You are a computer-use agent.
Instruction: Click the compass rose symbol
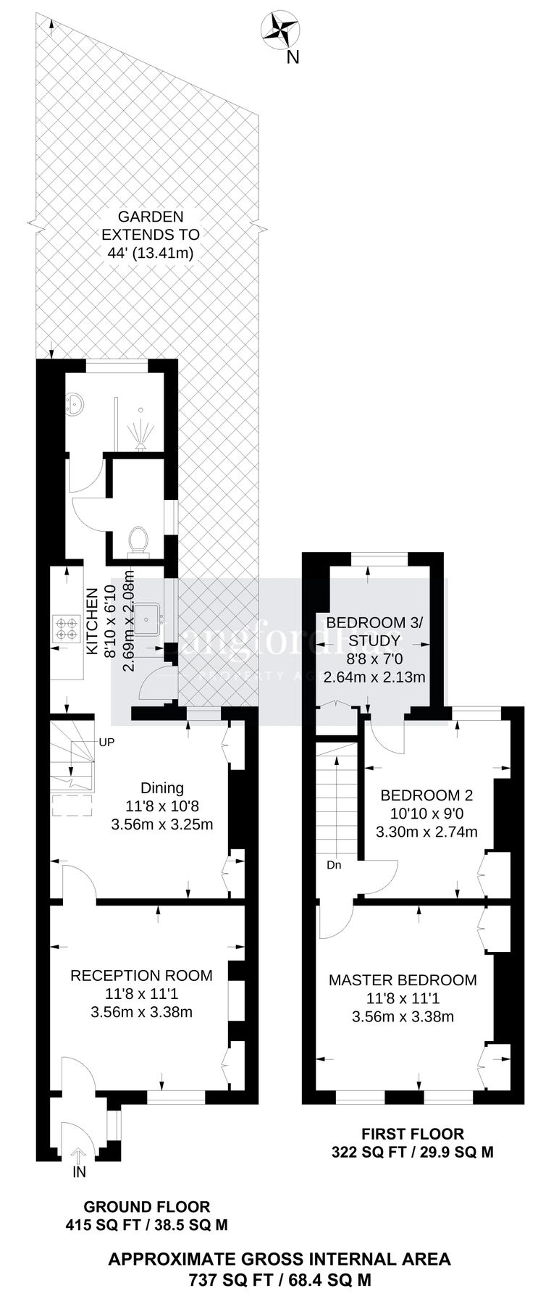point(281,30)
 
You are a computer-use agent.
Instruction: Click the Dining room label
point(162,787)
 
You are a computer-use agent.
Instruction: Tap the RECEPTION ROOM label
point(141,975)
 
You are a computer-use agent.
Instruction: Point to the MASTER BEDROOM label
point(403,980)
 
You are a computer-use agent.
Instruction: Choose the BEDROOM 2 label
point(426,795)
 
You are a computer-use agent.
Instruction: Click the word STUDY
point(374,640)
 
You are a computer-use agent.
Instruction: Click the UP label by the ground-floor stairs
point(106,742)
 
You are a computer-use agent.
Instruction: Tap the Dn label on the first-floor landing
point(334,864)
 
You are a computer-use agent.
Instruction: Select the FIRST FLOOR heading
point(412,1134)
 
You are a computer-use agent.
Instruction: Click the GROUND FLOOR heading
point(147,1206)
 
